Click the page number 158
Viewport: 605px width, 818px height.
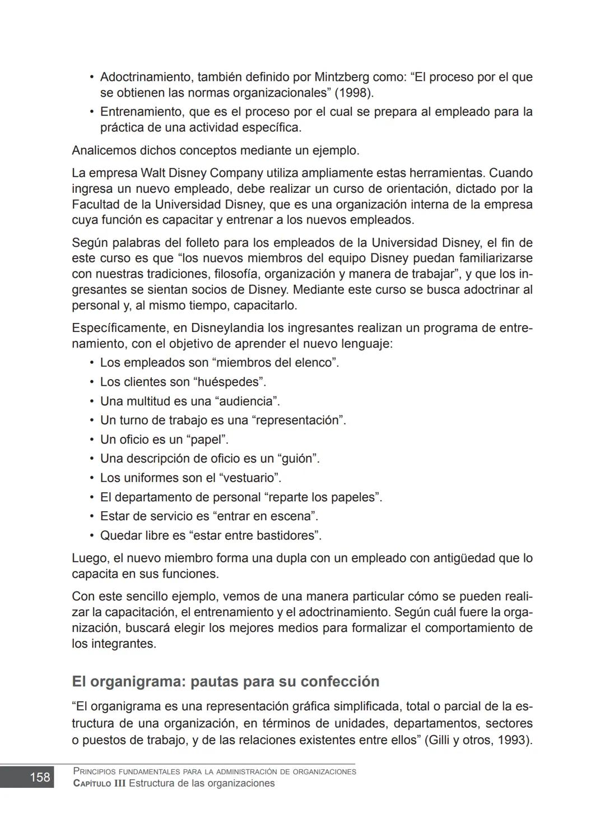(40, 777)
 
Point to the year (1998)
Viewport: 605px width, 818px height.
(354, 93)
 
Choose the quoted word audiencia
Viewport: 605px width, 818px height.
(247, 401)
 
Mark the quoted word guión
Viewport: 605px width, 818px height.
(298, 459)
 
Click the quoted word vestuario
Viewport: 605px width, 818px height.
(249, 478)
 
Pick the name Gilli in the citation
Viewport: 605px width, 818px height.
(439, 740)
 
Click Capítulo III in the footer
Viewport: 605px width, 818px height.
(100, 783)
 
